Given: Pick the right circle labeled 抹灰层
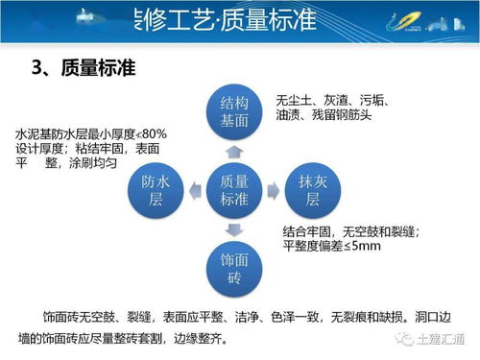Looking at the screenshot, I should pyautogui.click(x=311, y=190).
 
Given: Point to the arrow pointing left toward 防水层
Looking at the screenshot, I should pyautogui.click(x=195, y=190).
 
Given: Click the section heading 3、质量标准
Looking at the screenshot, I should pyautogui.click(x=84, y=68).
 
